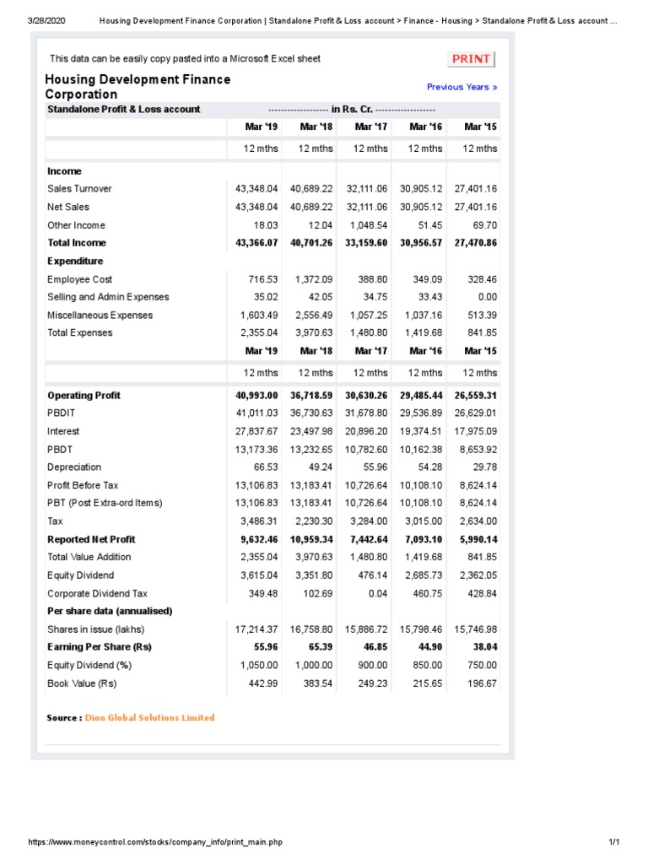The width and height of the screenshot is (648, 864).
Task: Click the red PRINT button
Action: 471,59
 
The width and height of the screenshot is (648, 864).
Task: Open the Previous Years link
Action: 462,87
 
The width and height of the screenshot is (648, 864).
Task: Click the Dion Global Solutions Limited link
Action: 150,718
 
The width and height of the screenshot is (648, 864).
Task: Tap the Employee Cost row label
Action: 79,279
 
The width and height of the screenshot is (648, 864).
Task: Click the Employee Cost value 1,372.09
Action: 312,279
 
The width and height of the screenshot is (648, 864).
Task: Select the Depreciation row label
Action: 74,467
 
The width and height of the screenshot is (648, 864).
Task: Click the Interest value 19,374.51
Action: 421,431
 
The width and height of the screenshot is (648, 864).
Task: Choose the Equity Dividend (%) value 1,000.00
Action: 312,665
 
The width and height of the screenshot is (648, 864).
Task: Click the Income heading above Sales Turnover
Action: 65,171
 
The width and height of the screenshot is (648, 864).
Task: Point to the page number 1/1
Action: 613,843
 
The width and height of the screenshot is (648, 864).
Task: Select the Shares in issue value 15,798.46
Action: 421,629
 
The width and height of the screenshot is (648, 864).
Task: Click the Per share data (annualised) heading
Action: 110,611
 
